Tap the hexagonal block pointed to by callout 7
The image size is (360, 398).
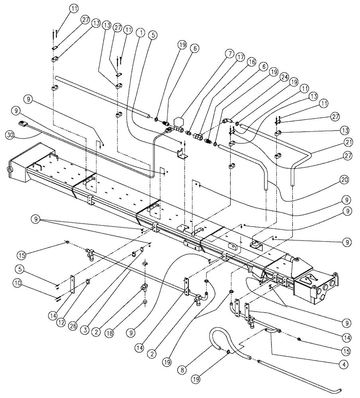pyautogui.click(x=178, y=121)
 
